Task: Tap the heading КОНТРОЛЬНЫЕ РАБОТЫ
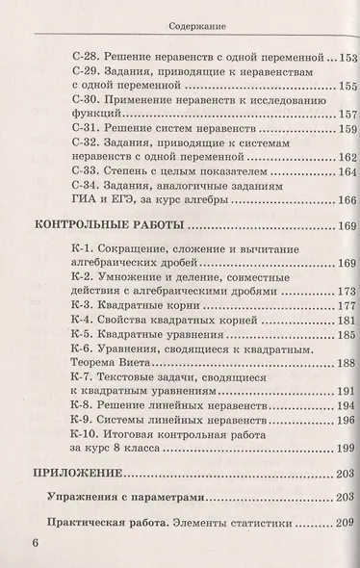(x=108, y=227)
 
